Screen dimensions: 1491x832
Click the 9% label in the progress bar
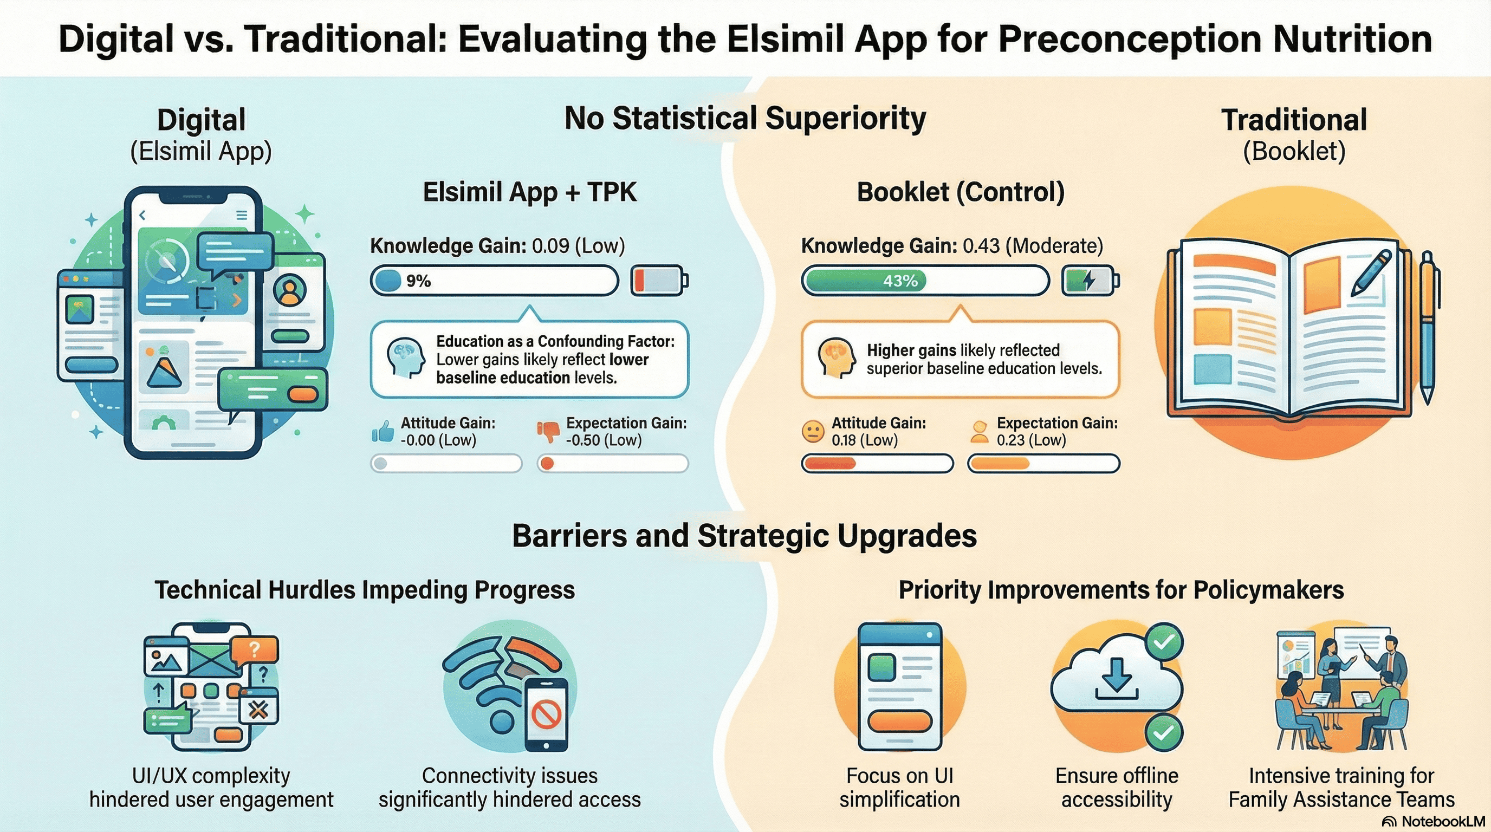[x=418, y=281]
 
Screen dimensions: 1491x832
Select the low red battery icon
[x=659, y=281]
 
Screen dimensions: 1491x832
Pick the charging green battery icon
[x=1091, y=281]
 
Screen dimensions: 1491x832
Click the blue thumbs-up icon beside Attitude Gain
[x=383, y=432]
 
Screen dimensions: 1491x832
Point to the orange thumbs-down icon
[x=548, y=432]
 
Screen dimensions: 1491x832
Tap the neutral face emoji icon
[x=813, y=432]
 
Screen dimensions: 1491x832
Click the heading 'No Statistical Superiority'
[x=745, y=119]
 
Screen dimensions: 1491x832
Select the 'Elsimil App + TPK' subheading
[x=530, y=192]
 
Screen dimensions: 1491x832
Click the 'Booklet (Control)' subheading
[x=960, y=192]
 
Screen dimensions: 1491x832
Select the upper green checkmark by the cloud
[x=1164, y=642]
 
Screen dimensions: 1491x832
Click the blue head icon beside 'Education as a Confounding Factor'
[x=406, y=358]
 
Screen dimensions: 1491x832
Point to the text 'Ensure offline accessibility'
[x=1117, y=788]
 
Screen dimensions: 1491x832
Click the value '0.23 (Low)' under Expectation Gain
[x=1031, y=440]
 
